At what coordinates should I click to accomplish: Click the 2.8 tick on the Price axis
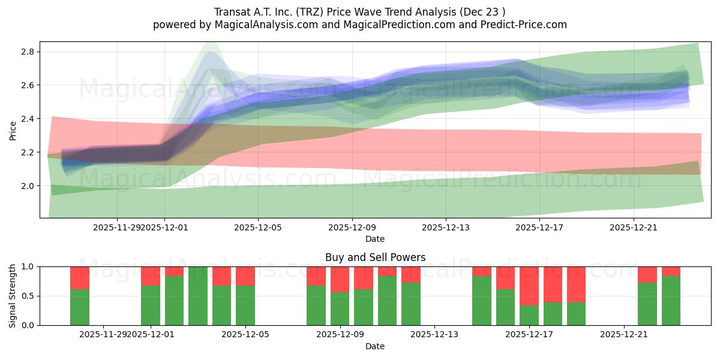pyautogui.click(x=28, y=52)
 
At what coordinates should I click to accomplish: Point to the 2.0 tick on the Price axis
pyautogui.click(x=28, y=186)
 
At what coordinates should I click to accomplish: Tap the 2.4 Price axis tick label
pyautogui.click(x=28, y=119)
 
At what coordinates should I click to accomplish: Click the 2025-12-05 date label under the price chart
pyautogui.click(x=258, y=227)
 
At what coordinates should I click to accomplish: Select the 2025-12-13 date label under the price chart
pyautogui.click(x=446, y=227)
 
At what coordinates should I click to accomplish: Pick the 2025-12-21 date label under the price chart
pyautogui.click(x=634, y=227)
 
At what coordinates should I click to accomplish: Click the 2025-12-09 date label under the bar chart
pyautogui.click(x=340, y=335)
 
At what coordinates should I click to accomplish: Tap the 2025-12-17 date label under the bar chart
pyautogui.click(x=529, y=335)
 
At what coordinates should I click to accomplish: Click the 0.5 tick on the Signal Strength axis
pyautogui.click(x=28, y=296)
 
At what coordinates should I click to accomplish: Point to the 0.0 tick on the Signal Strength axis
pyautogui.click(x=28, y=325)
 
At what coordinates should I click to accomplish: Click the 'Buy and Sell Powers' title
pyautogui.click(x=375, y=257)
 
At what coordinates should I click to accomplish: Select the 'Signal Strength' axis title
pyautogui.click(x=13, y=296)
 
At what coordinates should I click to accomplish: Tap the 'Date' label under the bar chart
pyautogui.click(x=375, y=346)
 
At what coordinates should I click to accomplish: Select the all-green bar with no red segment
pyautogui.click(x=198, y=296)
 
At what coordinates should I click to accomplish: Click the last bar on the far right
pyautogui.click(x=671, y=300)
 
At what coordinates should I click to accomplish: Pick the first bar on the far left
pyautogui.click(x=80, y=306)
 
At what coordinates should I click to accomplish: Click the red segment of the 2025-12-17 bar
pyautogui.click(x=529, y=286)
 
